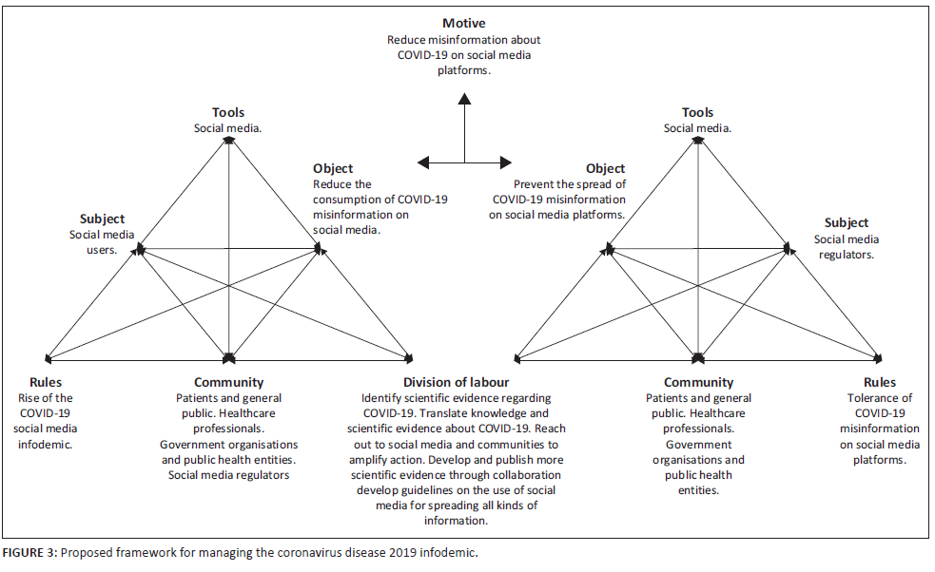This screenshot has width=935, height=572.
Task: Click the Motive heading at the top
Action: tap(464, 23)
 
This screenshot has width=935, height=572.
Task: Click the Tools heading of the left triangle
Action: tap(229, 112)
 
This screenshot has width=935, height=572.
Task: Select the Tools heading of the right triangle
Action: tap(697, 112)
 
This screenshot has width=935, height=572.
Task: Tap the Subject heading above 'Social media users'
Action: tap(102, 219)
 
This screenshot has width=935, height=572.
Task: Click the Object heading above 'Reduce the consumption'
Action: tap(333, 169)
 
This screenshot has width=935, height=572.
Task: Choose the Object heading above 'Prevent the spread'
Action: tap(606, 169)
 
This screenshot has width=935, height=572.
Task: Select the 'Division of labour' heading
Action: tap(456, 383)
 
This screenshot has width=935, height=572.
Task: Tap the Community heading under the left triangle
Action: tap(229, 383)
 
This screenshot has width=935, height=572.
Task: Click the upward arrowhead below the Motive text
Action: tap(464, 97)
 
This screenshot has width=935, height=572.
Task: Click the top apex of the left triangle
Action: tap(229, 139)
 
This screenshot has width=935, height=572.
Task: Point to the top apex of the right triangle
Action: tap(698, 139)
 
